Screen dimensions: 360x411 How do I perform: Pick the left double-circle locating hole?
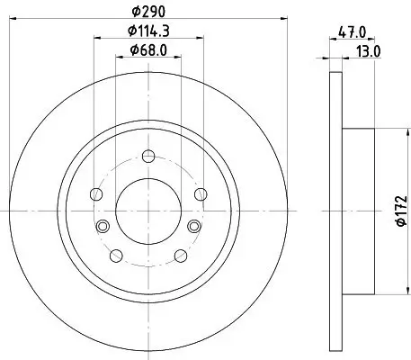(x=102, y=225)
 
